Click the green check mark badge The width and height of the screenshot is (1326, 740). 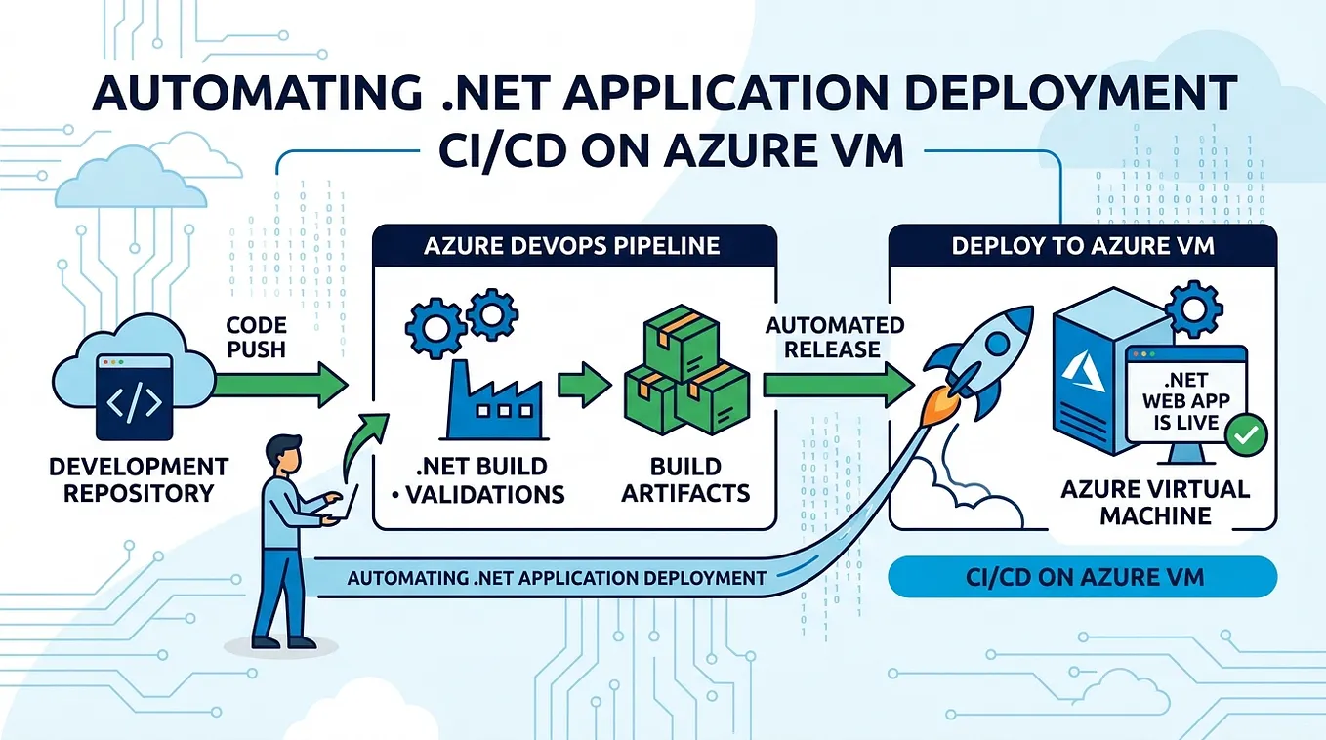tap(1246, 435)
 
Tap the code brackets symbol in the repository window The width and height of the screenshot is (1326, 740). tap(135, 402)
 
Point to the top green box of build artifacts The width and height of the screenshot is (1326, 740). tap(682, 344)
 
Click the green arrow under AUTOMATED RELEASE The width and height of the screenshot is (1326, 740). tap(838, 385)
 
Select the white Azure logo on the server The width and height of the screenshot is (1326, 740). tap(1083, 371)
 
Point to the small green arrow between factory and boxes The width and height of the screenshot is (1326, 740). tap(584, 385)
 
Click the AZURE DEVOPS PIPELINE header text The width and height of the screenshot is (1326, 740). tap(572, 246)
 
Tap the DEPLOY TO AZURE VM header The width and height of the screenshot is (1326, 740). tap(1083, 246)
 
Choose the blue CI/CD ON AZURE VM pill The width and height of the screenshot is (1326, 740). tap(1083, 577)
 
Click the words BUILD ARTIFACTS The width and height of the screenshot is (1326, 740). tap(685, 480)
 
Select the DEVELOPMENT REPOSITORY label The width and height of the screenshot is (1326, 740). tap(139, 480)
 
